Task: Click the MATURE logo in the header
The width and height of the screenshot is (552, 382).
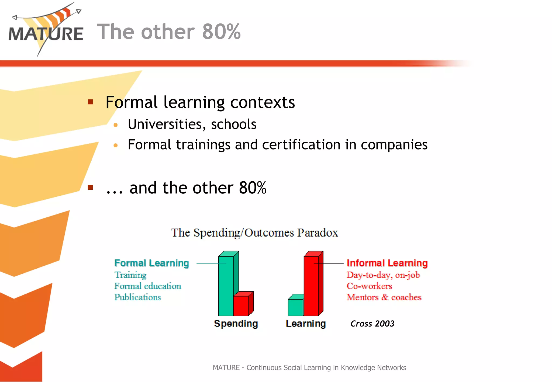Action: click(x=46, y=31)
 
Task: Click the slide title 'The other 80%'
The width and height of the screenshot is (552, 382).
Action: click(x=169, y=32)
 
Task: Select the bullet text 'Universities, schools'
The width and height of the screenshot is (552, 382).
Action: click(x=192, y=124)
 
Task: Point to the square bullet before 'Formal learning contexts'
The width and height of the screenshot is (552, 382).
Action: click(x=90, y=102)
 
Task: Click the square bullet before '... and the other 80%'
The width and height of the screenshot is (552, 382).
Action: click(x=90, y=187)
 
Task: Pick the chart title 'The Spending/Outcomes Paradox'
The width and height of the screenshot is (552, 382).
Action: click(x=254, y=232)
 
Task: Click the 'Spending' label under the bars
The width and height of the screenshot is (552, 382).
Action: click(x=236, y=323)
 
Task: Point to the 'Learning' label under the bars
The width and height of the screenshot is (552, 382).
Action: click(x=306, y=323)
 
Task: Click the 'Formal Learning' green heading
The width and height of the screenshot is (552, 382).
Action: click(x=151, y=263)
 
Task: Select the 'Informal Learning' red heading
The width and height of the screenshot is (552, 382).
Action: click(x=387, y=263)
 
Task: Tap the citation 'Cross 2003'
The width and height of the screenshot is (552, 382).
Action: click(x=372, y=323)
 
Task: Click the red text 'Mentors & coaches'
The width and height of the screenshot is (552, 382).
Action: click(x=384, y=297)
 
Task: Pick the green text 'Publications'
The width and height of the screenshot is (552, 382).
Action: click(x=137, y=297)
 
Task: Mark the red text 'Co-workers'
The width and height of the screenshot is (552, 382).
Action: click(x=369, y=286)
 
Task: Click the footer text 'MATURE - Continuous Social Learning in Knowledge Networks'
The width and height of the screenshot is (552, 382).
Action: click(x=309, y=367)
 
